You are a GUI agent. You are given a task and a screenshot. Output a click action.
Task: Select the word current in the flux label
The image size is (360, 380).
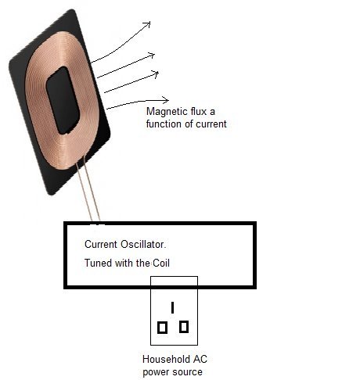211,124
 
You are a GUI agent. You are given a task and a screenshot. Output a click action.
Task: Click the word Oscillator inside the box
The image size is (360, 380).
143,245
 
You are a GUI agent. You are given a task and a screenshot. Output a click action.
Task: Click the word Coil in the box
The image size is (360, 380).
161,263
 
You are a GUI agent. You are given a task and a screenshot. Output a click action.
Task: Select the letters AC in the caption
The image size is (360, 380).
200,359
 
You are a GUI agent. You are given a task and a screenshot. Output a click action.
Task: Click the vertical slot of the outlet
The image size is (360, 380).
172,307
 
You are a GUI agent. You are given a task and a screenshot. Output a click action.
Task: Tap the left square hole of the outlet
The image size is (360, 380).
162,328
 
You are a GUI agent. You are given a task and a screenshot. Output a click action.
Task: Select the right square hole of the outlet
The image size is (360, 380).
184,327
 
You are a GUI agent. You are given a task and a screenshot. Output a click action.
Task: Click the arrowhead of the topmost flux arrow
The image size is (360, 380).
148,24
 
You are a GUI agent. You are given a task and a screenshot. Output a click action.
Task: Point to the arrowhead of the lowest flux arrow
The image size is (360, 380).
166,100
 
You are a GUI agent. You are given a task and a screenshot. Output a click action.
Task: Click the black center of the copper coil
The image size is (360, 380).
63,100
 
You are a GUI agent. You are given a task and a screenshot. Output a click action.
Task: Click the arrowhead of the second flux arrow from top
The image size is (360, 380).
152,56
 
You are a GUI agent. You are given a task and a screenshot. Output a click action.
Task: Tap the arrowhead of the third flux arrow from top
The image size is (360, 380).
156,74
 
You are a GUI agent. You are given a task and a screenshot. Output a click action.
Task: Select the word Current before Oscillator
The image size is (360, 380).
101,245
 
